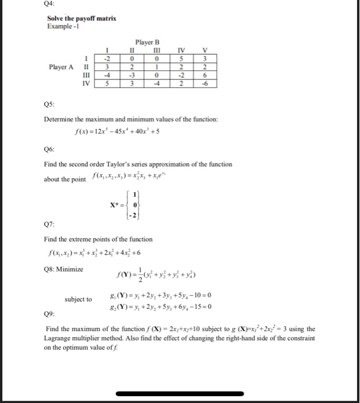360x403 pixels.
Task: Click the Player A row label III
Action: pos(87,75)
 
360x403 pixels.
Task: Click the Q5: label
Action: pos(51,105)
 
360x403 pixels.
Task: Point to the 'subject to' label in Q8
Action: pos(78,299)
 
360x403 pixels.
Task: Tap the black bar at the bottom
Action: pos(179,394)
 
